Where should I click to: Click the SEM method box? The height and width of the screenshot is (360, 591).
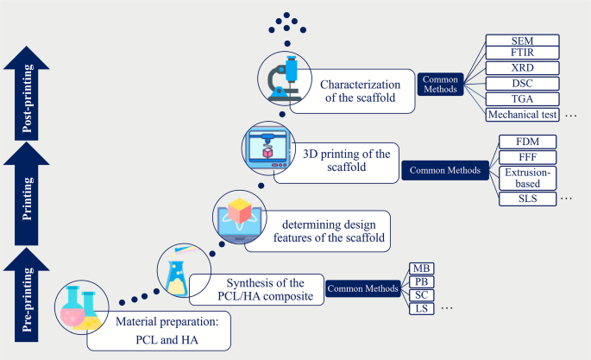click(x=522, y=41)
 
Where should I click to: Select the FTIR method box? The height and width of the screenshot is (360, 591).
click(x=522, y=54)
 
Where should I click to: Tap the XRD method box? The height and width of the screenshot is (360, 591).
click(x=522, y=69)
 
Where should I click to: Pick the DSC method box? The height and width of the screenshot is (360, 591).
click(x=522, y=84)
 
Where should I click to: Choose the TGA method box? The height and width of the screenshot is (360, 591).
click(x=522, y=98)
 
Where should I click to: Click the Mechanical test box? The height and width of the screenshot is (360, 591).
click(x=522, y=113)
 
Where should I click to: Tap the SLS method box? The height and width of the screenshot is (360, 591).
click(x=527, y=199)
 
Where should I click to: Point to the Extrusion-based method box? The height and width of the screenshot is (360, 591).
click(x=527, y=178)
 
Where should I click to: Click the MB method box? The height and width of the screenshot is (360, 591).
click(x=421, y=268)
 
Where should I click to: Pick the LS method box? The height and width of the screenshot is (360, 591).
click(x=421, y=307)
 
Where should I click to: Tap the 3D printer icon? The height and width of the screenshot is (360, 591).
click(x=264, y=147)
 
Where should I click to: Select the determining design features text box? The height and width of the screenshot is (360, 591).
click(x=317, y=231)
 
